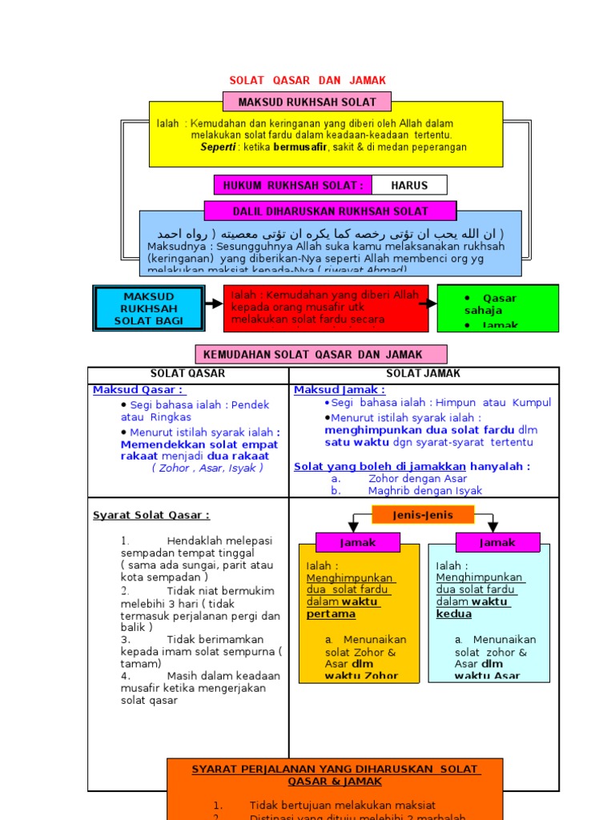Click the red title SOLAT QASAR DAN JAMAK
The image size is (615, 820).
(x=307, y=80)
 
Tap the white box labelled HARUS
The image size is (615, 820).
(x=409, y=185)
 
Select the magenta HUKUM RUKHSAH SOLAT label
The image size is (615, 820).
(x=293, y=185)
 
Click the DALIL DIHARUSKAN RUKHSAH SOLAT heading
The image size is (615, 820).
(x=330, y=211)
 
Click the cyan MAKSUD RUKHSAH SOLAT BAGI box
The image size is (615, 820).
(x=149, y=308)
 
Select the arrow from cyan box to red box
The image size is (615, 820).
(x=213, y=304)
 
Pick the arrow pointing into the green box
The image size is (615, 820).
(x=428, y=304)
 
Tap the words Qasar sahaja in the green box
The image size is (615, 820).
(x=488, y=304)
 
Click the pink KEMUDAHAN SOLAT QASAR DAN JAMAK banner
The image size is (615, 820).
(x=321, y=354)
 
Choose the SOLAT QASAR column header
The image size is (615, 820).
(x=188, y=374)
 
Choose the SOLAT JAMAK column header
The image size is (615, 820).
(x=424, y=374)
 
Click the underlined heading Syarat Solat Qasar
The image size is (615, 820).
(x=151, y=515)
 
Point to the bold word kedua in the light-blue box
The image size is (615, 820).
(x=454, y=614)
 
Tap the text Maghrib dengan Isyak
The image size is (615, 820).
(x=425, y=491)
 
